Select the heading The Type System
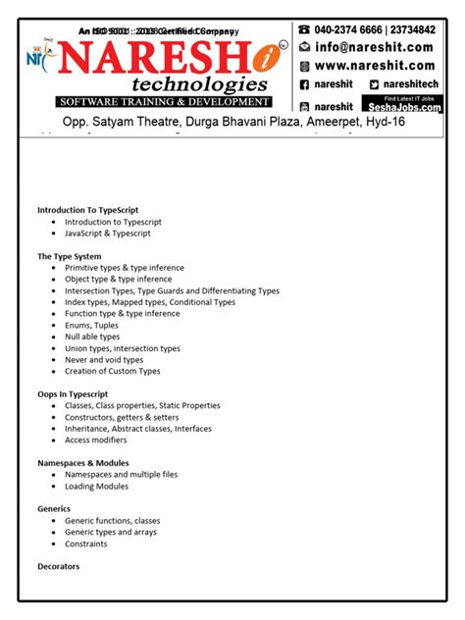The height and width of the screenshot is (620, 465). [69, 257]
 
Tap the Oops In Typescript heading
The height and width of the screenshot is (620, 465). [73, 394]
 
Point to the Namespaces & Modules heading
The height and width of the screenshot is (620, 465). [83, 463]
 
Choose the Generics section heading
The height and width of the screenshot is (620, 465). [54, 509]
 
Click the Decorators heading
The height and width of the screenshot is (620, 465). [58, 567]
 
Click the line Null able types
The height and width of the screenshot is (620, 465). [92, 337]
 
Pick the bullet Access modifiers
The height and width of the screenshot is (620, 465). [97, 440]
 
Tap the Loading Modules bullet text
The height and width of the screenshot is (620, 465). [96, 487]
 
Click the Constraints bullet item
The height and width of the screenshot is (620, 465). [86, 543]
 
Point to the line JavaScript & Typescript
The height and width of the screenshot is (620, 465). [108, 233]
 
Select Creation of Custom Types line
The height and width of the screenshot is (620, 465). [112, 372]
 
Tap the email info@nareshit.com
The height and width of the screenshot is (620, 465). [374, 46]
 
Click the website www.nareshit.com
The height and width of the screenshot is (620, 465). [374, 66]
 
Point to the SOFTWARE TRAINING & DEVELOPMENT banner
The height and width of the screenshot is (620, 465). [163, 102]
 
